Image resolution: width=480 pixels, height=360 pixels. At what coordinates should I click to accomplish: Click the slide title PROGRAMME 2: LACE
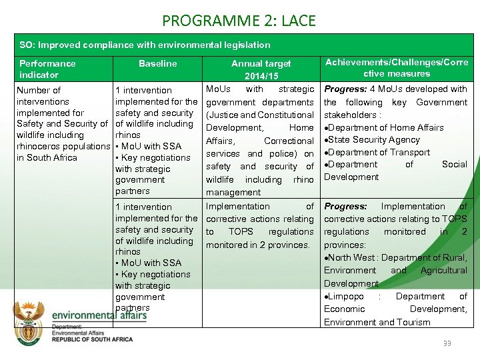click(x=239, y=20)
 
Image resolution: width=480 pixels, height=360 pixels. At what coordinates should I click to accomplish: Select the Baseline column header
click(x=157, y=63)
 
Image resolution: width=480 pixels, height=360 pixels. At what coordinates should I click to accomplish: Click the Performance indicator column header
click(x=47, y=69)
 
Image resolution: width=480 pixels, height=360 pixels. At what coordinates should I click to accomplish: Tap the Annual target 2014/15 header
click(x=261, y=69)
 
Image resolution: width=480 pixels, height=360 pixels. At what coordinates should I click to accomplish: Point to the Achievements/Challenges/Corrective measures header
click(x=397, y=67)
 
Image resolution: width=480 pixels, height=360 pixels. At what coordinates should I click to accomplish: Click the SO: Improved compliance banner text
click(x=145, y=45)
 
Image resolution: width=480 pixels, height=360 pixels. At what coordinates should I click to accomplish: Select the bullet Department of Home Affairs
click(x=386, y=127)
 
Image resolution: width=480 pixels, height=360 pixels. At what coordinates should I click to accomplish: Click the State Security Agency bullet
click(x=374, y=140)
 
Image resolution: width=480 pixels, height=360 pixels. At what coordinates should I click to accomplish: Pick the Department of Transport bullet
click(x=377, y=152)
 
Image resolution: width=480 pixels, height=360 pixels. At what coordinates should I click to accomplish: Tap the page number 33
click(x=447, y=343)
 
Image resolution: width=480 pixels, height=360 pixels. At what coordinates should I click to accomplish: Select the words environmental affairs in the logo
click(x=99, y=315)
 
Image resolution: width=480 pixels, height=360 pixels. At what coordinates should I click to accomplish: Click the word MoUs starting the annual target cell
click(x=219, y=89)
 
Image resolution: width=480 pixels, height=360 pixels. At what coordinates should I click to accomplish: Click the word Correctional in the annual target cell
click(x=288, y=141)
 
